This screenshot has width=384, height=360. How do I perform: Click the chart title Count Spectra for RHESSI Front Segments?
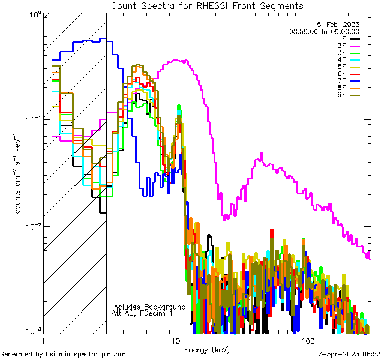click(207, 5)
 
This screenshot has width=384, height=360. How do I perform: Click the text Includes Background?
click(149, 307)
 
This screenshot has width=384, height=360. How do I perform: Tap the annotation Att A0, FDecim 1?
click(142, 313)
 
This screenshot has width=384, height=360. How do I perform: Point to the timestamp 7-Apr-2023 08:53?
click(349, 354)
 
